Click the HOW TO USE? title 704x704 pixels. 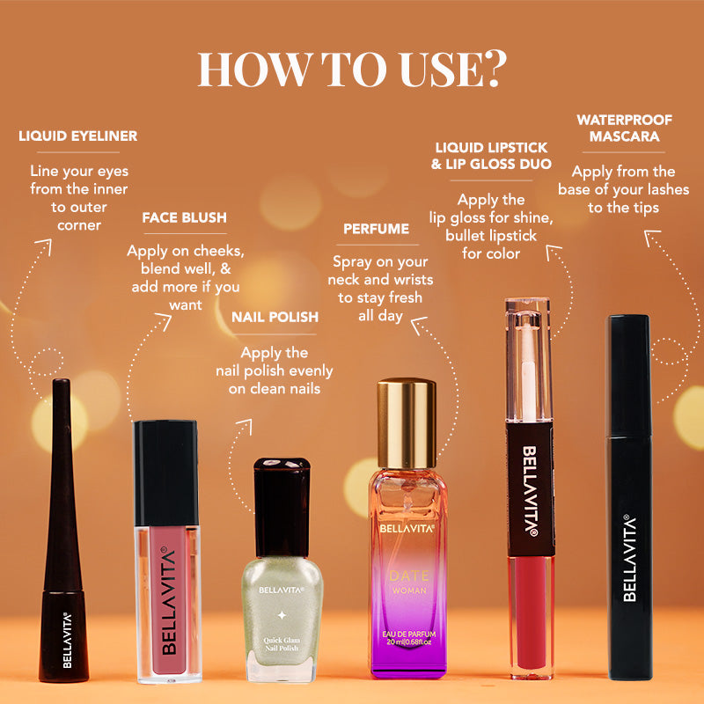coord(353,69)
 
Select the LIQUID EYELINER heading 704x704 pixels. coord(78,136)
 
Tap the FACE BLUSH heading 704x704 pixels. coord(185,217)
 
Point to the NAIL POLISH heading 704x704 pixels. coord(275,317)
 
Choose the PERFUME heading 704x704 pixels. coord(377,229)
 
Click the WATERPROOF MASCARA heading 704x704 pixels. coord(624,128)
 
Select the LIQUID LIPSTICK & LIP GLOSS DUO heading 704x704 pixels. coord(491,156)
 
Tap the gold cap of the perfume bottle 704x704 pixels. coord(407,423)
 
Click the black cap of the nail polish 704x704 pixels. coord(282,508)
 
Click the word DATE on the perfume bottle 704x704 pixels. coord(409,576)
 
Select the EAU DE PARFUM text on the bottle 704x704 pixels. coord(409,634)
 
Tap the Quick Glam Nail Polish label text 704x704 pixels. coord(282,644)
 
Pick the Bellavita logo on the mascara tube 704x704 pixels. coord(630,558)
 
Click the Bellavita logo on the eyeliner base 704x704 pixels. coord(67,641)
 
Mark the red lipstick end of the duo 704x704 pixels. coord(532,616)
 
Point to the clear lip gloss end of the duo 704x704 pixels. coord(528,360)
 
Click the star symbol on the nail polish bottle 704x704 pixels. coord(282,615)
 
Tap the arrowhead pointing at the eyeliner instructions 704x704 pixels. coord(45,246)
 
